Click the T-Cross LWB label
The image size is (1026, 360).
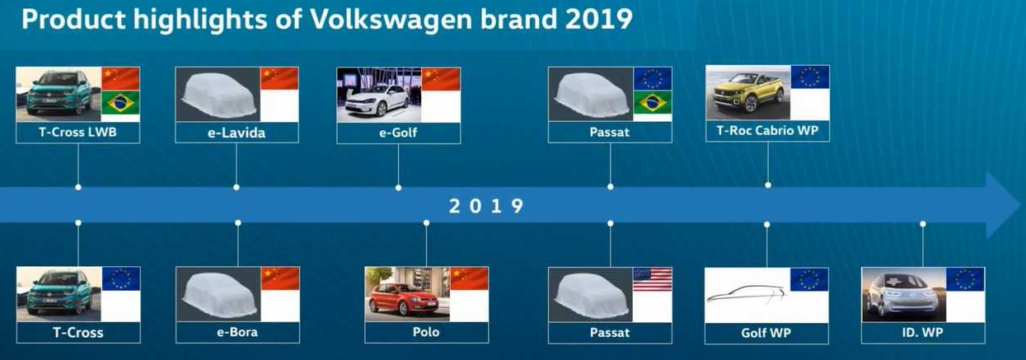[x=77, y=133]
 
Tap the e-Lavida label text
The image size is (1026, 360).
[x=237, y=133]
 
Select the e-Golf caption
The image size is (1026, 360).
[x=398, y=133]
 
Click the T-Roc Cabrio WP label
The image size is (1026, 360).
[x=767, y=130]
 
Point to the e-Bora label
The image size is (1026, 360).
[x=237, y=332]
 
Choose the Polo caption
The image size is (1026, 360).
[x=426, y=332]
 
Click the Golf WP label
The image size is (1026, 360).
[x=766, y=333]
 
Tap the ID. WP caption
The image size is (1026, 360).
[x=922, y=333]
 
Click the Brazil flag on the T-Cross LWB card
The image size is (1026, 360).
[x=120, y=103]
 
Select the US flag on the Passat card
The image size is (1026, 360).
[x=652, y=279]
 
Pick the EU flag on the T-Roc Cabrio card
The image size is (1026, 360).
[x=810, y=77]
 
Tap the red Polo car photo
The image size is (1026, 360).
[x=403, y=301]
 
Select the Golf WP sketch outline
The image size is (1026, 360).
[x=746, y=293]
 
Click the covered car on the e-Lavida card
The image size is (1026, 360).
[x=219, y=96]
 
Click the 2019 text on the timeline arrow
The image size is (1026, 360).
[x=486, y=206]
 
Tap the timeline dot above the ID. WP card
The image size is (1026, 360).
[x=923, y=224]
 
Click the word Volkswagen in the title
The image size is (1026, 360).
[x=391, y=19]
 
